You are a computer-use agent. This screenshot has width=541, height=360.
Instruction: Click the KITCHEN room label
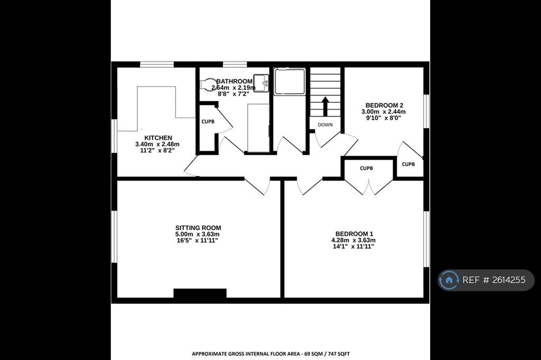click(158, 138)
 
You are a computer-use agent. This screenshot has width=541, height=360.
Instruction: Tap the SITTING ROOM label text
click(198, 228)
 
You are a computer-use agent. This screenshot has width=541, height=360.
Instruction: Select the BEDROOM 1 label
click(354, 234)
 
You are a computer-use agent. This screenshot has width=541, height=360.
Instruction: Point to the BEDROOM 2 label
click(383, 105)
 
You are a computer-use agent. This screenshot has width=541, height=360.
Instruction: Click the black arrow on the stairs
click(325, 106)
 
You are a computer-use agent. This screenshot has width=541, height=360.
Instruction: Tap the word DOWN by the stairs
click(325, 125)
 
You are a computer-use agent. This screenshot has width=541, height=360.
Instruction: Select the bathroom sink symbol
click(260, 83)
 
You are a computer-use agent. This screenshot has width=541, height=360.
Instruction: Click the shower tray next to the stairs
click(289, 81)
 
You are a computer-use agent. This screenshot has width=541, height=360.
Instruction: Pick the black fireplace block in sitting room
click(200, 293)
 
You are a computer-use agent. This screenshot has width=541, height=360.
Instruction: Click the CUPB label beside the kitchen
click(208, 121)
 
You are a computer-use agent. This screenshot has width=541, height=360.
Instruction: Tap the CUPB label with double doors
click(366, 168)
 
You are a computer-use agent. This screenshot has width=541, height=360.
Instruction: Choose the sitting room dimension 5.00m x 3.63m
click(198, 234)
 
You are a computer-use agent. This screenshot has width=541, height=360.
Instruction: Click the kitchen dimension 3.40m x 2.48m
click(157, 144)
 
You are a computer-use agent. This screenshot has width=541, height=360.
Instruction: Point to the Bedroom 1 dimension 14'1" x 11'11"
click(353, 247)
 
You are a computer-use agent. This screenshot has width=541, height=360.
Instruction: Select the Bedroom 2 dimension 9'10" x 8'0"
click(383, 118)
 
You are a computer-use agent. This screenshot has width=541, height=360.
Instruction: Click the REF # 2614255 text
click(494, 280)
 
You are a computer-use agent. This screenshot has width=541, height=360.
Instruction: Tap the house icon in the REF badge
click(449, 280)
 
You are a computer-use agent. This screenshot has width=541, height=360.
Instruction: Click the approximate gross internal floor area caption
click(270, 354)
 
